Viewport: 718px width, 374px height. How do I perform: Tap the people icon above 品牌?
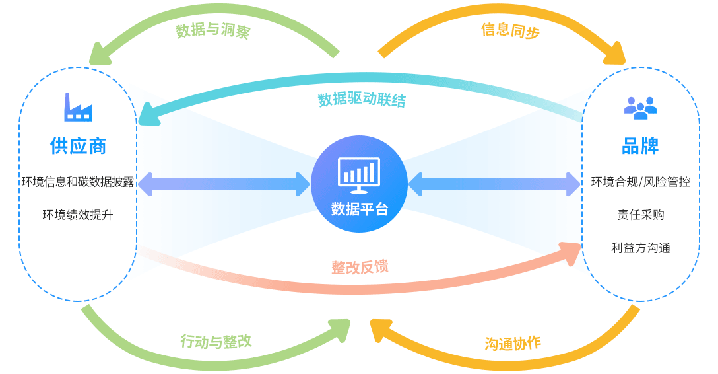(x=640, y=108)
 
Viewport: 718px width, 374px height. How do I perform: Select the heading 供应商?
(x=78, y=146)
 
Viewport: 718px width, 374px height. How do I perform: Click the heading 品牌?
(x=640, y=146)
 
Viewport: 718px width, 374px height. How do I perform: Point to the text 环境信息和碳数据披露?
(x=78, y=182)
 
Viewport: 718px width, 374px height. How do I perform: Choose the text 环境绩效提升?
(x=78, y=215)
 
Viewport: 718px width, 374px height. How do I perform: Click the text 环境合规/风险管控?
(x=640, y=182)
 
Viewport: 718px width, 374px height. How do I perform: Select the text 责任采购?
(x=640, y=215)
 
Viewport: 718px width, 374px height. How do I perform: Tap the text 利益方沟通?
(x=640, y=248)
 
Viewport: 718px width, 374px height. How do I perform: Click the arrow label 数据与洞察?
(x=213, y=31)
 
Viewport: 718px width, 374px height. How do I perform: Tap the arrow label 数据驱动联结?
(x=362, y=100)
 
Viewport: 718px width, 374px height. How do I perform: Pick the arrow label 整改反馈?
(x=360, y=267)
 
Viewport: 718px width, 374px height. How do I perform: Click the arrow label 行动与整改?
(x=216, y=342)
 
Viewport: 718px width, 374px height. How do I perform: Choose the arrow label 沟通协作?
(x=513, y=343)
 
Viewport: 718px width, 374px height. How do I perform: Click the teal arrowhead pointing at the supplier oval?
(x=148, y=113)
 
